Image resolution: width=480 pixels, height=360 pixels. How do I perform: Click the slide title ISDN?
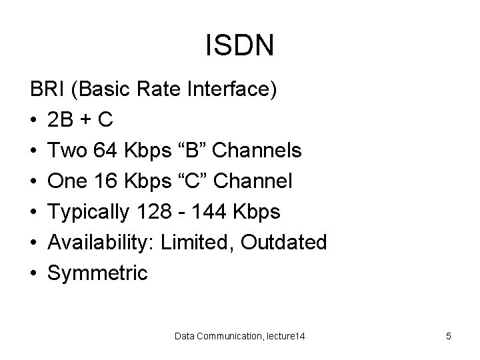click(x=239, y=45)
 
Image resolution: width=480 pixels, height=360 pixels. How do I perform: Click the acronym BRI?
click(x=46, y=89)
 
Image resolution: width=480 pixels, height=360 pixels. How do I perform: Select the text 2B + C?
click(x=80, y=120)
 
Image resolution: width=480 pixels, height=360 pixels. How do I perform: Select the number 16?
click(x=107, y=181)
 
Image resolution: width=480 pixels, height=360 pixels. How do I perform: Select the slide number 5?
click(x=449, y=337)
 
